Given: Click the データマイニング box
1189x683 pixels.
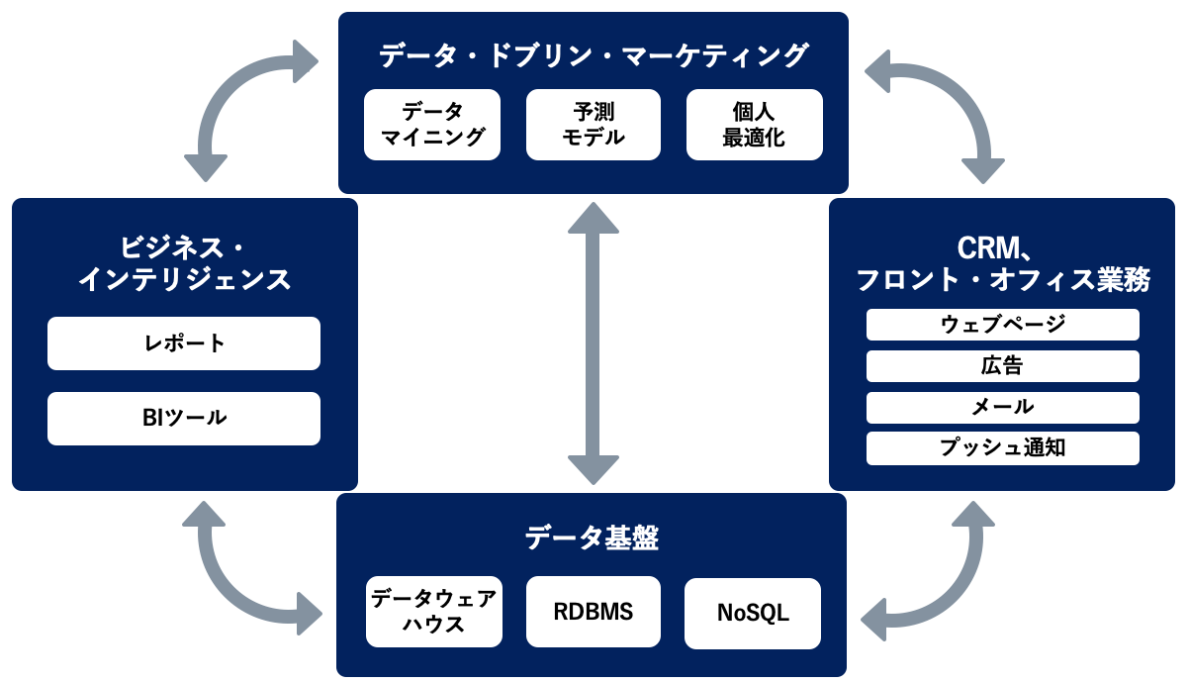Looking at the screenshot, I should click(432, 125).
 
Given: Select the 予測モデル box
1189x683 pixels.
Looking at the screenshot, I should click(594, 125).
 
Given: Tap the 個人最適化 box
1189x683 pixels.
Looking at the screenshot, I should click(754, 125).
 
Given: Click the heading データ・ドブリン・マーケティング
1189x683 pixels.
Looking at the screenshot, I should click(594, 55).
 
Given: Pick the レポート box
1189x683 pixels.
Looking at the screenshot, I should click(184, 343).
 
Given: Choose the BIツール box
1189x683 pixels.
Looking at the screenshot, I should click(184, 418).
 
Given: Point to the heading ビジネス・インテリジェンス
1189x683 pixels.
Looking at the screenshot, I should click(184, 263).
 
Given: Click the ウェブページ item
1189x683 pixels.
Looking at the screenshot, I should click(1002, 325).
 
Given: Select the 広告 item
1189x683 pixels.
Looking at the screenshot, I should click(1002, 366).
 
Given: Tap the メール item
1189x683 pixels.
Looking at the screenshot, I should click(1002, 407).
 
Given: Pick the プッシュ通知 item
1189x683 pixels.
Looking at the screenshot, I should click(1002, 447).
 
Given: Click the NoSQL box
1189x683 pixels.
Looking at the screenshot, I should click(753, 613).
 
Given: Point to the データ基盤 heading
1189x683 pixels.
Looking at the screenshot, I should click(593, 538).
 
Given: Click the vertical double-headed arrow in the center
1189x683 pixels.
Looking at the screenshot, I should click(594, 342).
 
